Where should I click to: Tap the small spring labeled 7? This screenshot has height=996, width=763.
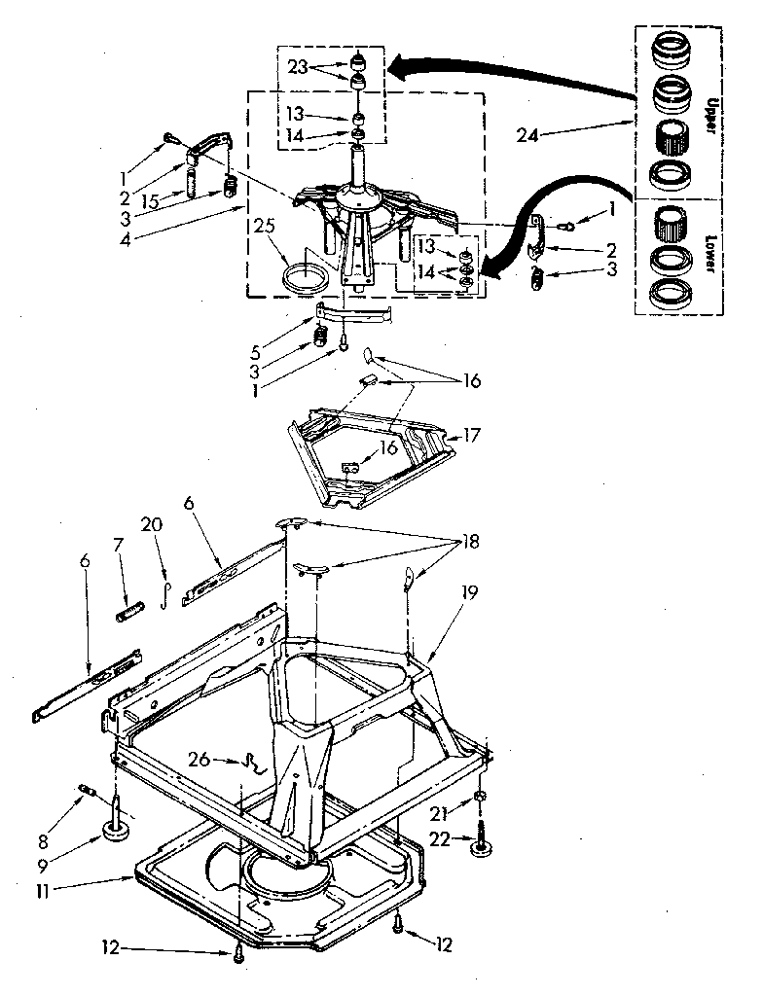click(130, 613)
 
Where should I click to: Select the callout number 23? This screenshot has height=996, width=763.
click(299, 68)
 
